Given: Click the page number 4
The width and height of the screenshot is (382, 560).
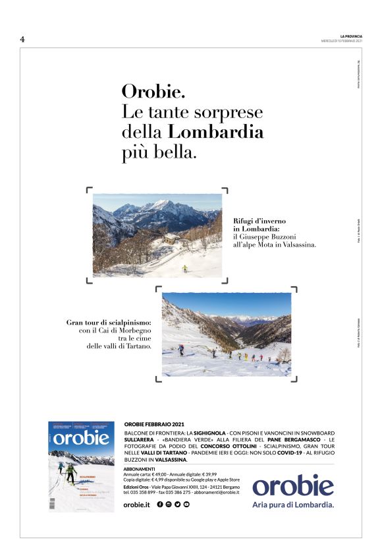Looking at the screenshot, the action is pyautogui.click(x=22, y=39).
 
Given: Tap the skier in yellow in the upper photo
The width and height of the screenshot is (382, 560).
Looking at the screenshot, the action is pyautogui.click(x=184, y=268).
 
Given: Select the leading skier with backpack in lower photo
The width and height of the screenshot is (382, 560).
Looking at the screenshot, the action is pyautogui.click(x=181, y=350).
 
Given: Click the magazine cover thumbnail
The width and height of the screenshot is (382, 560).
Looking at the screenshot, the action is pyautogui.click(x=81, y=466).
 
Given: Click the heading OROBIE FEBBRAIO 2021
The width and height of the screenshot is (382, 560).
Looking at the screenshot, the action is pyautogui.click(x=154, y=424).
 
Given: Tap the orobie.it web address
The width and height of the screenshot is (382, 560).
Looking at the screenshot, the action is pyautogui.click(x=137, y=504).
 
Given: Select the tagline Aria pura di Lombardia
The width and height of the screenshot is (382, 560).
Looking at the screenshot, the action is pyautogui.click(x=293, y=505).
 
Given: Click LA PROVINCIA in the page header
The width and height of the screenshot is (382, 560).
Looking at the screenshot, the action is pyautogui.click(x=351, y=36).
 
